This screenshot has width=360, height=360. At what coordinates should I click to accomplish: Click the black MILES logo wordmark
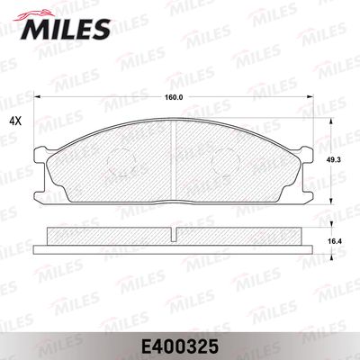pyautogui.click(x=66, y=29)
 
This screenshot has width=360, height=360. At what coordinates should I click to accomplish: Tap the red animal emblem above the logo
pyautogui.click(x=34, y=15)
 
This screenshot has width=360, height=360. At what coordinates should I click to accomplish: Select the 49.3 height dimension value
pyautogui.click(x=335, y=160)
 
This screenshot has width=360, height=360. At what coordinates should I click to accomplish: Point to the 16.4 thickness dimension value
pyautogui.click(x=335, y=241)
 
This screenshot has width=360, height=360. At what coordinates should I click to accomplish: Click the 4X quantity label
pyautogui.click(x=15, y=121)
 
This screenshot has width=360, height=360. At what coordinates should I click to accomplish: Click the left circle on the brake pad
pyautogui.click(x=121, y=162)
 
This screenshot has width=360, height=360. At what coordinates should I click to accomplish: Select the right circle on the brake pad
pyautogui.click(x=226, y=162)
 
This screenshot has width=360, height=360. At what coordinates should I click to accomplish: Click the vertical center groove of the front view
pyautogui.click(x=174, y=161)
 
